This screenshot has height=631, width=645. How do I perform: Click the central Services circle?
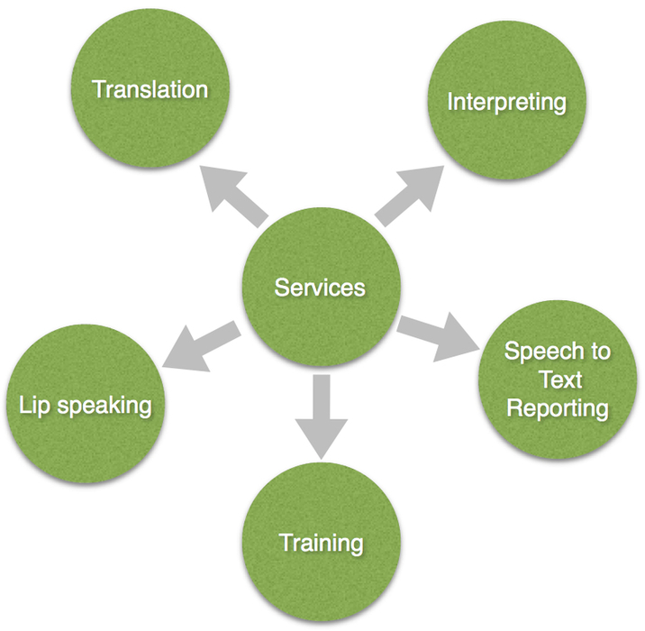(x=322, y=287)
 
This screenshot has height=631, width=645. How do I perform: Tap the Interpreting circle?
(x=505, y=100)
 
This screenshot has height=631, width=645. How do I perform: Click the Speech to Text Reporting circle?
(x=557, y=379)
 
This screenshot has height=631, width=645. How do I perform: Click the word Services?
(x=321, y=288)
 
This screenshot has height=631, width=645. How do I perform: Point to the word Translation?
(x=150, y=89)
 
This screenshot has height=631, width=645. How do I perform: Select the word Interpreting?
(x=507, y=101)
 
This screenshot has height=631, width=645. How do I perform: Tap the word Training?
(x=322, y=543)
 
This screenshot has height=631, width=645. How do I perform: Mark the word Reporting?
(x=557, y=407)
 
